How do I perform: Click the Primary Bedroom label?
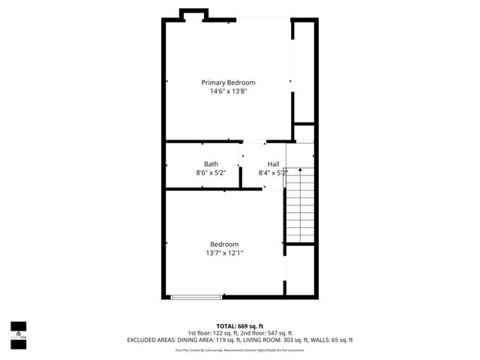click(228, 82)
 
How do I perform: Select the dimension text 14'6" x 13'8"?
click(228, 91)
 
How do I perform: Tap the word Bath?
click(211, 163)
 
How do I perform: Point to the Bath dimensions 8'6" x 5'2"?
click(211, 172)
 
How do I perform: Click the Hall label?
click(273, 163)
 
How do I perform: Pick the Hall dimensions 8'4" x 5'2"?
click(273, 172)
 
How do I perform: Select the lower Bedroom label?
click(224, 244)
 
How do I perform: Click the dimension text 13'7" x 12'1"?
click(224, 253)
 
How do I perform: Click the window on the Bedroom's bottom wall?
click(196, 297)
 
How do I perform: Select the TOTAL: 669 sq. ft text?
click(239, 326)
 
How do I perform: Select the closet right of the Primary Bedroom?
click(304, 71)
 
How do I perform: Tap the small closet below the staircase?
click(300, 269)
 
